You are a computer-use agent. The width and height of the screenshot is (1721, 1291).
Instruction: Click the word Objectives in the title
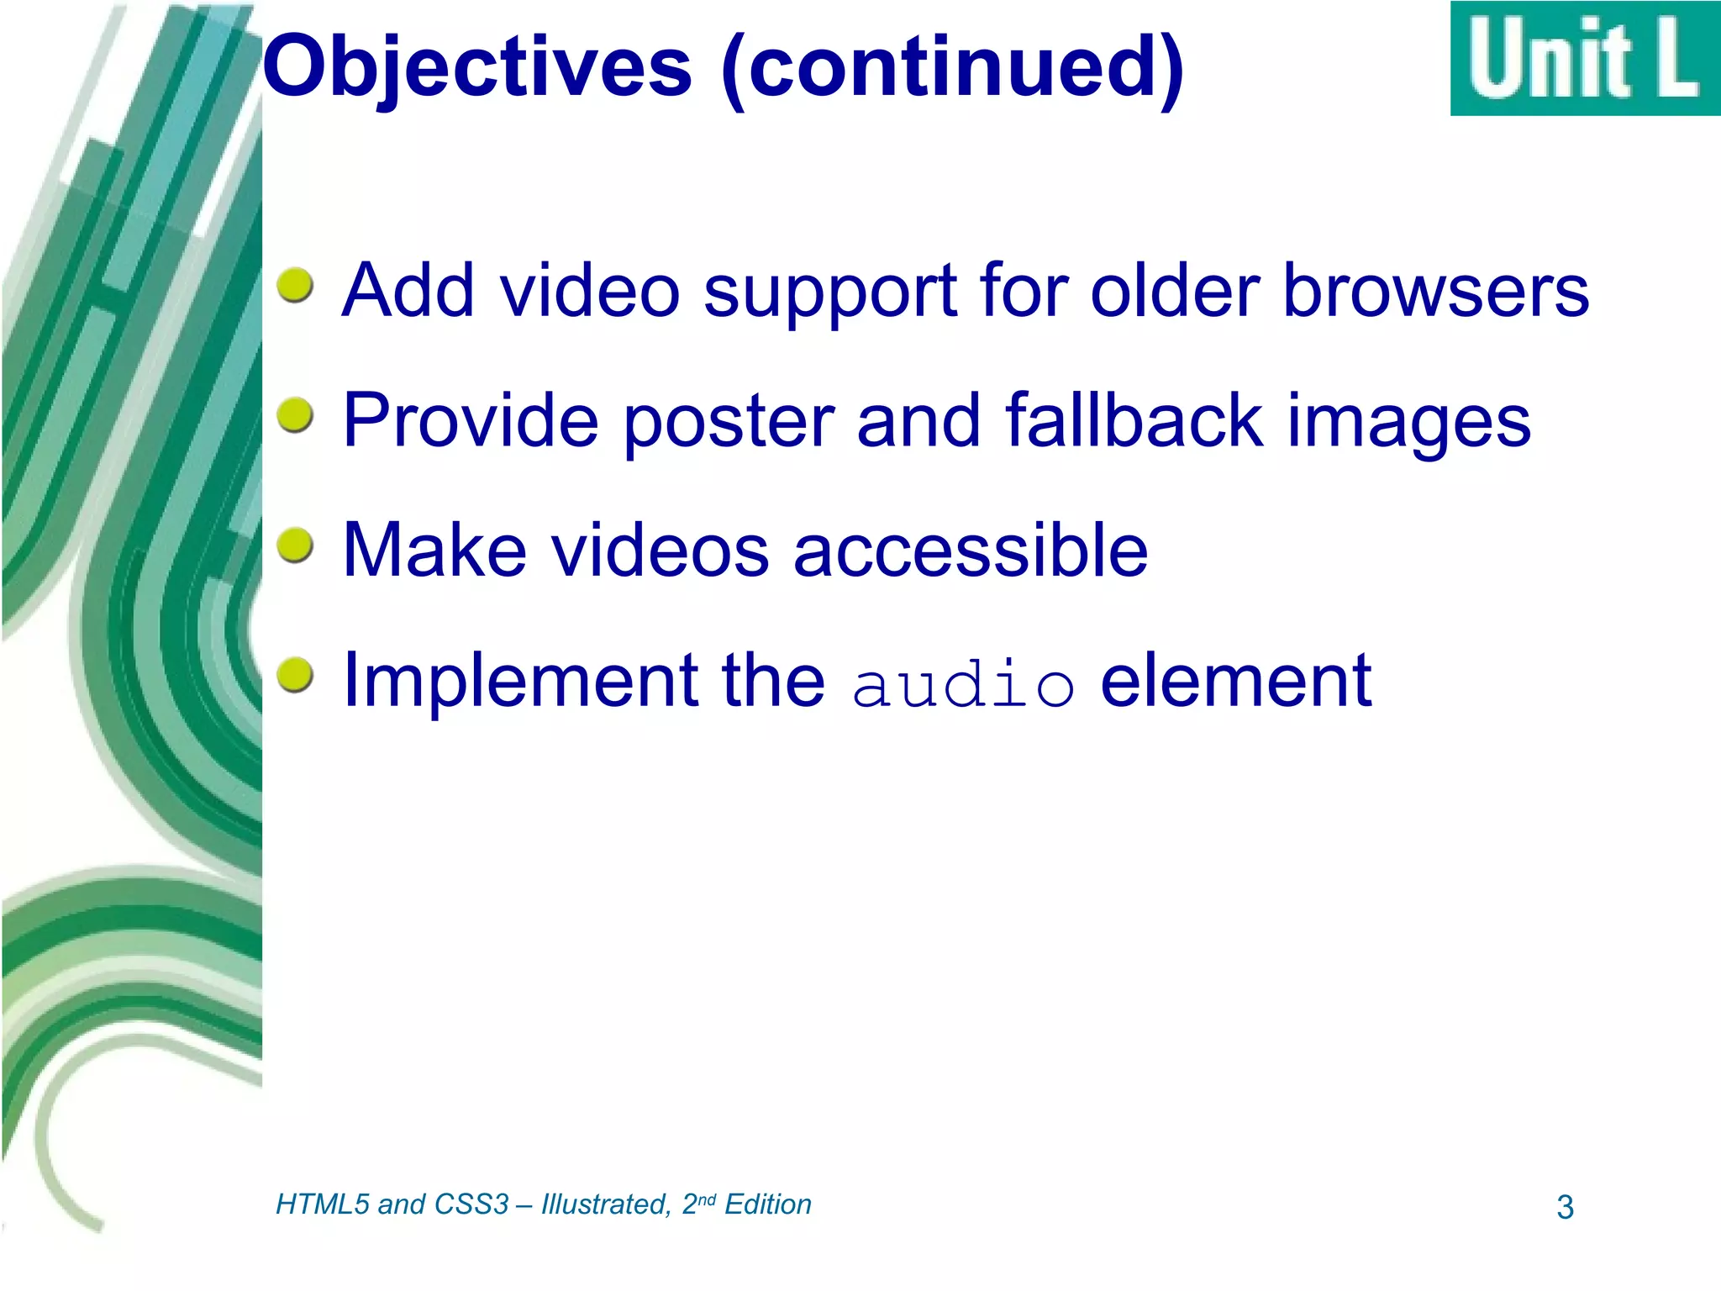(x=477, y=67)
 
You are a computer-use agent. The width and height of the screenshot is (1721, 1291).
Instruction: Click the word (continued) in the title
(x=952, y=67)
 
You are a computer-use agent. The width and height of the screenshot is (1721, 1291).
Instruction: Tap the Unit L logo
(x=1584, y=59)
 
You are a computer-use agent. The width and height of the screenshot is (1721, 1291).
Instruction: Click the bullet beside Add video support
(x=295, y=286)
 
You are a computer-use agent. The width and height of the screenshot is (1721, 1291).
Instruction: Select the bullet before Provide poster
(x=295, y=415)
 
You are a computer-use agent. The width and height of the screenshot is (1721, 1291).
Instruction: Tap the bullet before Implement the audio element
(x=295, y=675)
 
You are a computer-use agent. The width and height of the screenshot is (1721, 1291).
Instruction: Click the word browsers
(x=1436, y=291)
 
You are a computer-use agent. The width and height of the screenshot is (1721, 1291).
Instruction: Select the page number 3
(x=1565, y=1207)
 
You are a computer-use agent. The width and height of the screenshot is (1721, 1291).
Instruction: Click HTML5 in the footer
(x=323, y=1204)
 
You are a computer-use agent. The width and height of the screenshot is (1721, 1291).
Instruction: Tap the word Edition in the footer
(x=767, y=1204)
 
